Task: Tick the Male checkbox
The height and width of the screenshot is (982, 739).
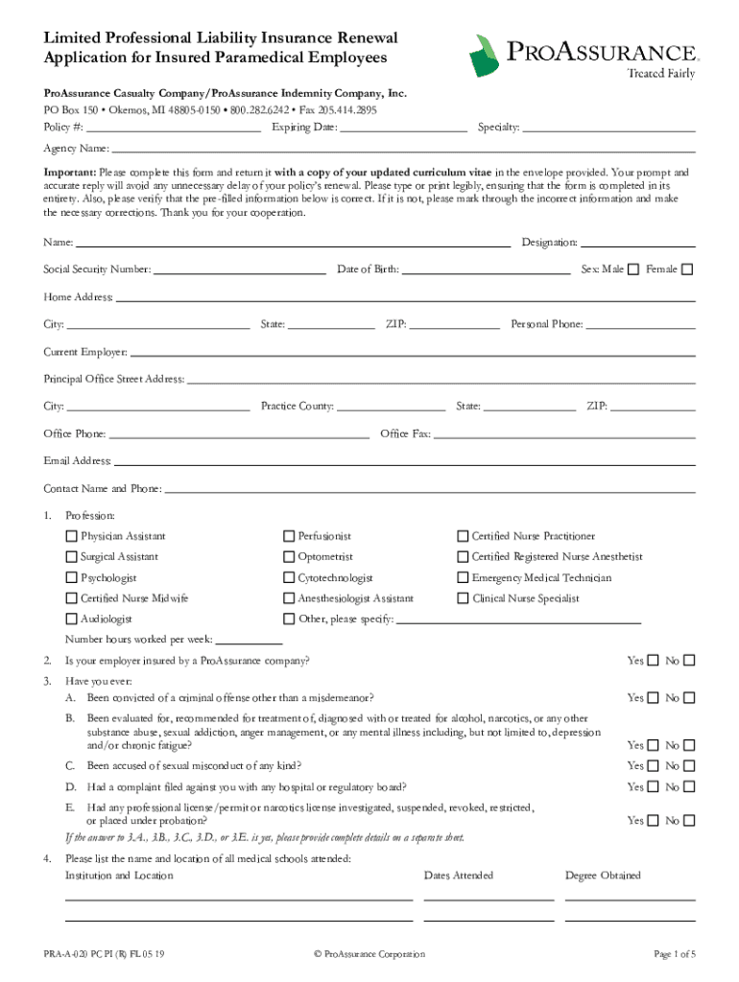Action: (633, 269)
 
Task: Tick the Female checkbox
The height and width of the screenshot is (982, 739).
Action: (686, 269)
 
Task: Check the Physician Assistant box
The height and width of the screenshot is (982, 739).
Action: (71, 536)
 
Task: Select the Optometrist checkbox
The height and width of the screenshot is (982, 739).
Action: (289, 557)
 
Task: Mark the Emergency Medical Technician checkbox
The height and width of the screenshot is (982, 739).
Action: (463, 578)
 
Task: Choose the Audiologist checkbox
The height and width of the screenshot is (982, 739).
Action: (71, 620)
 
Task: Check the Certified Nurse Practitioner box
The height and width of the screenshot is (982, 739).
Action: (463, 536)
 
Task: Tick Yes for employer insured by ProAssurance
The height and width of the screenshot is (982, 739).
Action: (654, 661)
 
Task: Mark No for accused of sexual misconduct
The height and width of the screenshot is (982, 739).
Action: (687, 766)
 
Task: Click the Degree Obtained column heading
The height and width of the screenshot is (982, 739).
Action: (603, 876)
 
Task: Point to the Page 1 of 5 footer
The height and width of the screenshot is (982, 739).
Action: (674, 954)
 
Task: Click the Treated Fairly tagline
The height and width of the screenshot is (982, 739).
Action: (660, 74)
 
